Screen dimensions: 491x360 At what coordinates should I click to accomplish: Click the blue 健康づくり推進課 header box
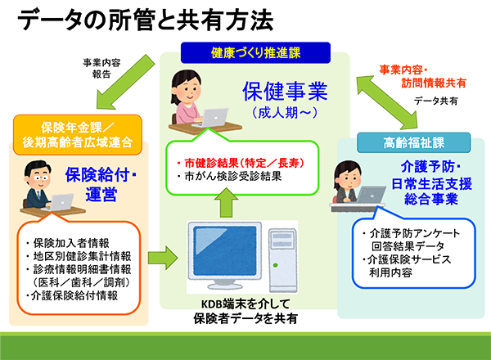[255, 52]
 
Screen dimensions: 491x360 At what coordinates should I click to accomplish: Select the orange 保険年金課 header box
[78, 135]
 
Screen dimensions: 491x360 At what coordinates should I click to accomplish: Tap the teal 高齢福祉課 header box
[413, 142]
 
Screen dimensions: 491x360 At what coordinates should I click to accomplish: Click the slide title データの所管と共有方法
[146, 20]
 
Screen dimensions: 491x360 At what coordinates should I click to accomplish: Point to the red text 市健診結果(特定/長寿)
[240, 163]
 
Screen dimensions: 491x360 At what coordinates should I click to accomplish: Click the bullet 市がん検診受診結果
[229, 176]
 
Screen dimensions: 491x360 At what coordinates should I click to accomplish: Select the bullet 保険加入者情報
[68, 243]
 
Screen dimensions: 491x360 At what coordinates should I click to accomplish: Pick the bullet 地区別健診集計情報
[79, 256]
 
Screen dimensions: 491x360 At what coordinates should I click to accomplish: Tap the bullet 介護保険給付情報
[72, 295]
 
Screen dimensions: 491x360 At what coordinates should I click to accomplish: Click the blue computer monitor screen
[225, 251]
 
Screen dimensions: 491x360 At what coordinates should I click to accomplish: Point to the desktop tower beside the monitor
[283, 260]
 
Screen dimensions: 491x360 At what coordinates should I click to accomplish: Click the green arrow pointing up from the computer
[226, 202]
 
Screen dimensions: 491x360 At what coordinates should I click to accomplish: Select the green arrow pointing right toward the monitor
[163, 258]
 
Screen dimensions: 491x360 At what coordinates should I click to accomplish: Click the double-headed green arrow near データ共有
[387, 102]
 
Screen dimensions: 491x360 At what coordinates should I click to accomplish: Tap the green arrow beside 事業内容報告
[125, 82]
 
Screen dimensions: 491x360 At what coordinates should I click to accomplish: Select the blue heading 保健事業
[285, 92]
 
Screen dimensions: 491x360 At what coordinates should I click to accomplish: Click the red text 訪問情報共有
[434, 83]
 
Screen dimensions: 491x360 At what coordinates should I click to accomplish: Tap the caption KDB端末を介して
[245, 304]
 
